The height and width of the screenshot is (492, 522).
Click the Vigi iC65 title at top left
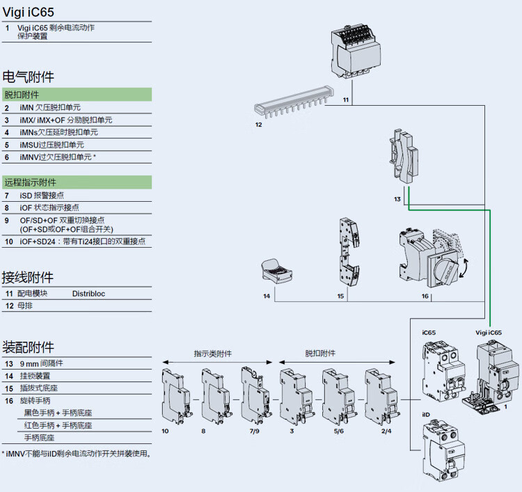(x=29, y=12)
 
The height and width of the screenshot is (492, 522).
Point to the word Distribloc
(x=89, y=294)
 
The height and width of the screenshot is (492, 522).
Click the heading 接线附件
(x=29, y=277)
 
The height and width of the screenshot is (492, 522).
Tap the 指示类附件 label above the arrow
(x=213, y=354)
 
